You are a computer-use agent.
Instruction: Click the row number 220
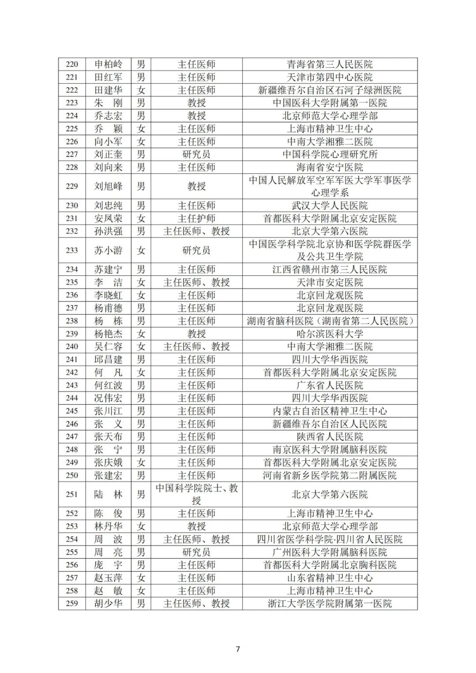(72, 64)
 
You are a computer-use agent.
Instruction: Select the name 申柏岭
(108, 64)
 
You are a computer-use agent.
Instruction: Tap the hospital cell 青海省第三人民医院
(330, 64)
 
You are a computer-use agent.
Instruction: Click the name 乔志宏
(108, 116)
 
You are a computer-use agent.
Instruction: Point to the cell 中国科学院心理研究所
(330, 154)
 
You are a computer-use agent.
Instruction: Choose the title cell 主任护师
(197, 219)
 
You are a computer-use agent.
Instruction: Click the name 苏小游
(108, 250)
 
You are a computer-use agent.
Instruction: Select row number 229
(72, 186)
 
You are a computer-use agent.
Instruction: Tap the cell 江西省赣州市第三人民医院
(330, 270)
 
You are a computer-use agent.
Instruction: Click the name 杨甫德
(108, 308)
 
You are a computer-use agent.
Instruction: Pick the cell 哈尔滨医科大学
(330, 334)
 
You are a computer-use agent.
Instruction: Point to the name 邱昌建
(108, 360)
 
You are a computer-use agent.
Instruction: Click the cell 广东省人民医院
(330, 385)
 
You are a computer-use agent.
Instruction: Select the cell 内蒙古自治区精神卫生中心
(330, 411)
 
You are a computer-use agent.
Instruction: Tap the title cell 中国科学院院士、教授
(197, 495)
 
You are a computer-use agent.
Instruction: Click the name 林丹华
(108, 526)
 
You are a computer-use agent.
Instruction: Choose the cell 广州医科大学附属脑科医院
(330, 552)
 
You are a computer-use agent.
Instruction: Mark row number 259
(72, 603)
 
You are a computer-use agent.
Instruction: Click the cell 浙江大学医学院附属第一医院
(330, 603)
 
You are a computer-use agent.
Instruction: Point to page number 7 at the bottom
(238, 649)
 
